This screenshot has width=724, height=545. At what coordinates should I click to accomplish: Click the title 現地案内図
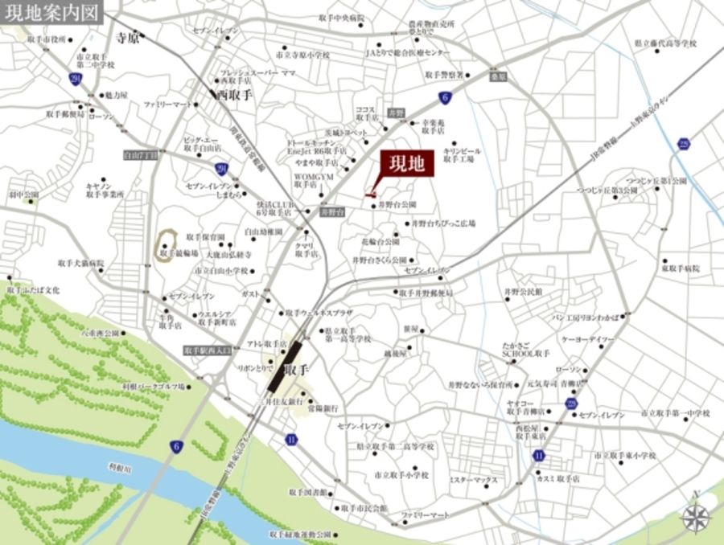51,14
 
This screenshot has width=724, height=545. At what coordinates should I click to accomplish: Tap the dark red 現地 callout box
408,164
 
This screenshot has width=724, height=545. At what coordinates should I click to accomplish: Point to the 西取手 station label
234,94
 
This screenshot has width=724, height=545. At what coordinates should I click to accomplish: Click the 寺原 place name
126,37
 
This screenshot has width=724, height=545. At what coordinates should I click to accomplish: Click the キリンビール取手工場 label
461,155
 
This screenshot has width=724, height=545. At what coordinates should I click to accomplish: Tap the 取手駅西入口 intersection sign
207,351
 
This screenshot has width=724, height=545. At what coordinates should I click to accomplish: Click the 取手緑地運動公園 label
300,534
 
